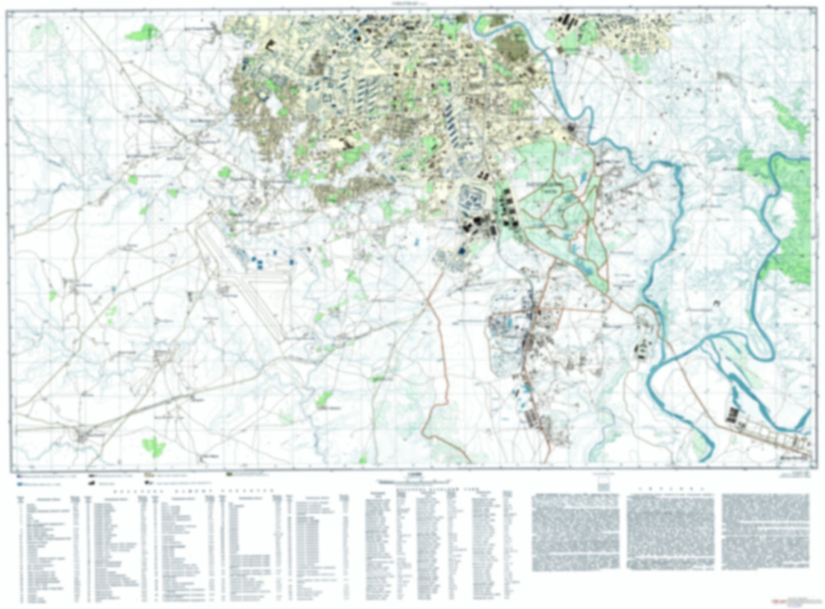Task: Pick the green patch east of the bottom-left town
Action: click(x=154, y=445)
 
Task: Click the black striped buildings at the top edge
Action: click(x=569, y=21)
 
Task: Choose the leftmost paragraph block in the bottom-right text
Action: click(x=576, y=531)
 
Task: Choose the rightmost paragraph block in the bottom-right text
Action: click(x=765, y=531)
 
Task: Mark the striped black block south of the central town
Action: click(x=534, y=420)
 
